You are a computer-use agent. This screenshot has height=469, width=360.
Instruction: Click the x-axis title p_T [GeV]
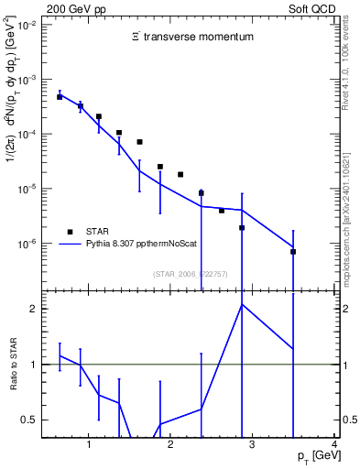[312, 456]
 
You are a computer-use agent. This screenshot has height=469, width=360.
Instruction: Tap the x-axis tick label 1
[89, 446]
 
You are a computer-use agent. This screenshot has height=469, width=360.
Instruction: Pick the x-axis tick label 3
[253, 446]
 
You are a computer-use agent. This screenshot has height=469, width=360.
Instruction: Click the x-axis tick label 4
[334, 446]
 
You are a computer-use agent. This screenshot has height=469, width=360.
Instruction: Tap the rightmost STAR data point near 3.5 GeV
[293, 251]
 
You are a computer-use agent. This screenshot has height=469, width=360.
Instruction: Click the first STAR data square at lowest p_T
[60, 96]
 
